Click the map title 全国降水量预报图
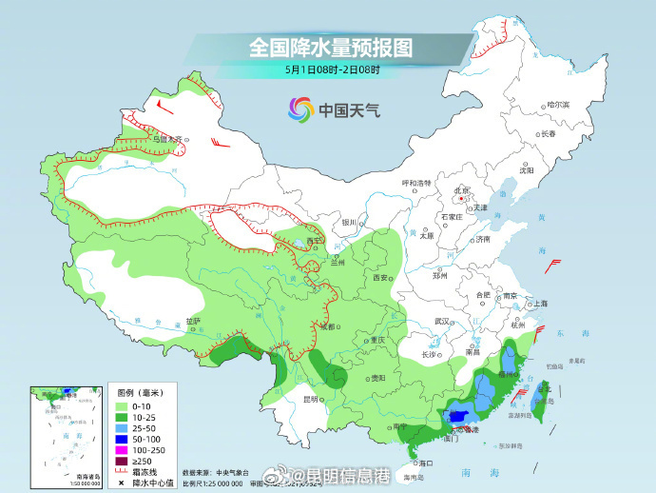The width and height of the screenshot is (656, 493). click(332, 47)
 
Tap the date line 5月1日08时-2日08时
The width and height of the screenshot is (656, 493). click(332, 69)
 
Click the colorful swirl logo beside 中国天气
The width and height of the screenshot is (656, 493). click(300, 109)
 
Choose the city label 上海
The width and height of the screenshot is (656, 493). click(540, 304)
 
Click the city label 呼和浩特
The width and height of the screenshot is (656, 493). click(416, 183)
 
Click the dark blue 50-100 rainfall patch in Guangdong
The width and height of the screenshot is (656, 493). click(459, 415)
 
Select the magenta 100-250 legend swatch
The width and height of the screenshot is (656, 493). click(123, 449)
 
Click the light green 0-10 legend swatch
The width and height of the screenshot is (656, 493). click(123, 404)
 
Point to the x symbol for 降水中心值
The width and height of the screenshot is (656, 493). click(123, 483)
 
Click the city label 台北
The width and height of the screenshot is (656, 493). click(546, 388)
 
